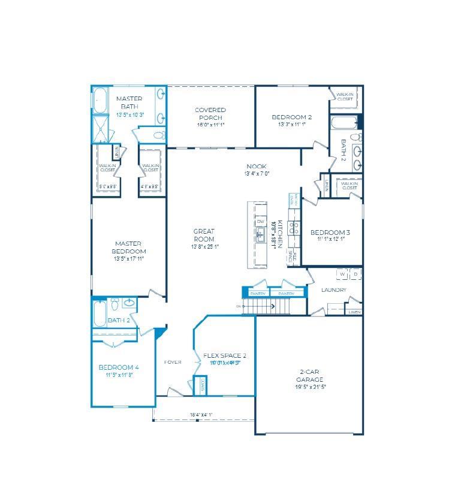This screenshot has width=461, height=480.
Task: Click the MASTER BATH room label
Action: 129,102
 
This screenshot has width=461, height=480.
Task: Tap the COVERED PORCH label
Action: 210,113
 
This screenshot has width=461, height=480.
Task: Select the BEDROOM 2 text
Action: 292,117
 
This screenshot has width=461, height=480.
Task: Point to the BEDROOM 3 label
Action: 330,233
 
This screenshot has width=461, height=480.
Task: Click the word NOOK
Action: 257,167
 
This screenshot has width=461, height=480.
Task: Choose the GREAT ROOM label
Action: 204,235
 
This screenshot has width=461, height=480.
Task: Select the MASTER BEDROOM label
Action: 129,247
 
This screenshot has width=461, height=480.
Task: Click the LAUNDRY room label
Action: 334,290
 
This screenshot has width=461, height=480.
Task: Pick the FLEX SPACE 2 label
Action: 225,355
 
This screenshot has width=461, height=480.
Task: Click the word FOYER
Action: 173,362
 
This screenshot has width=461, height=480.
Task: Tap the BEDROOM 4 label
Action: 119,367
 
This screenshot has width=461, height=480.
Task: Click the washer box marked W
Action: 342,274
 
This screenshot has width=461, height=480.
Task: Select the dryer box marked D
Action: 355,274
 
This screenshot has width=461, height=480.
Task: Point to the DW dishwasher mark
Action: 261,222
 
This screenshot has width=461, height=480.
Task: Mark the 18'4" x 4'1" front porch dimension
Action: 201,414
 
